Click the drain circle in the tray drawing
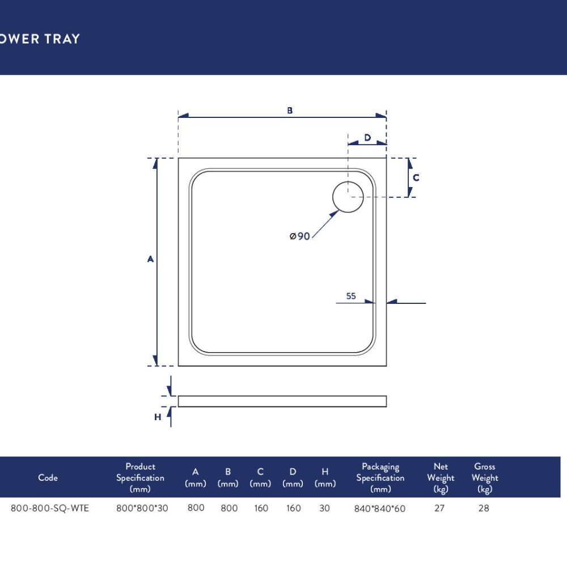[x=333, y=197]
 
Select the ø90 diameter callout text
[x=300, y=236]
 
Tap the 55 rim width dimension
[x=351, y=296]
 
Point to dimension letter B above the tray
[x=290, y=111]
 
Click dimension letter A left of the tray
[x=150, y=259]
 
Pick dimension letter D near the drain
[x=367, y=137]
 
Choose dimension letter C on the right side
[x=416, y=177]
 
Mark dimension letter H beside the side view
[x=158, y=417]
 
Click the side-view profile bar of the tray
[x=282, y=401]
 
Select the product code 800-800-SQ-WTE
[x=49, y=508]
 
